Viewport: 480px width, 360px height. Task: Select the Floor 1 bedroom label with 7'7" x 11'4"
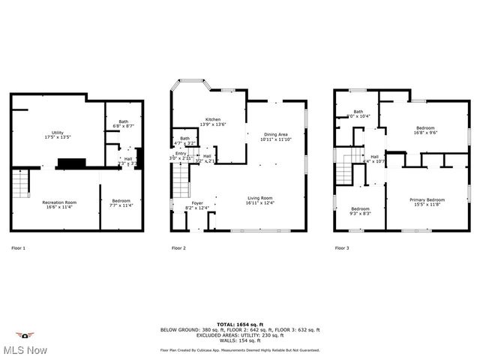click(121, 202)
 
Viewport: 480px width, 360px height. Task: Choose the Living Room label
click(259, 200)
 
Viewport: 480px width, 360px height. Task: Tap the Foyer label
click(196, 205)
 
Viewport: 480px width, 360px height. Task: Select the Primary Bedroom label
click(427, 202)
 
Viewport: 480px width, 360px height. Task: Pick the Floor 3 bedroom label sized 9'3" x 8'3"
click(360, 211)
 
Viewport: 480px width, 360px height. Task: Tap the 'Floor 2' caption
click(178, 247)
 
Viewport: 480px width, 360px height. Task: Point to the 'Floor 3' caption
click(341, 247)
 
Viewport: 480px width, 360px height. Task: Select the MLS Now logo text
click(25, 350)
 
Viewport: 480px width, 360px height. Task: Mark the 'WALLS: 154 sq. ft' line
click(240, 340)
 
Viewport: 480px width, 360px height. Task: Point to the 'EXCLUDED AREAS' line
click(240, 335)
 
